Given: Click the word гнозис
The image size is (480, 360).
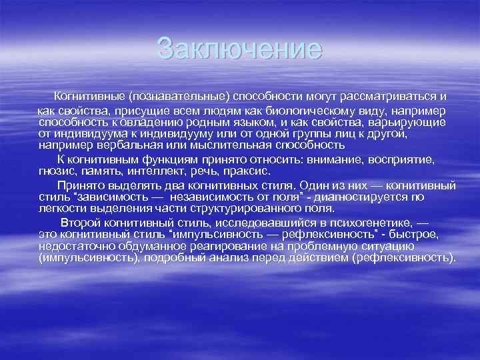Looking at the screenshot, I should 56,171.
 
